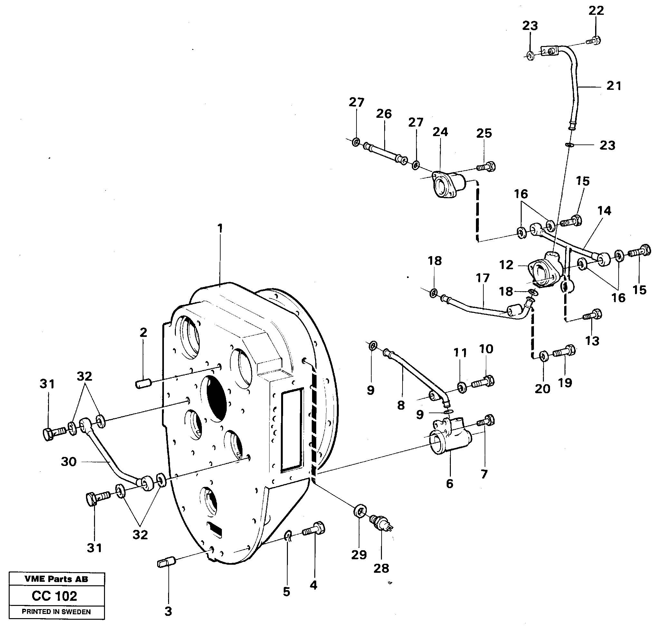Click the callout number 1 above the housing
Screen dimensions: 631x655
[x=220, y=228]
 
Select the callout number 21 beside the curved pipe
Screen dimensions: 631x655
[x=613, y=86]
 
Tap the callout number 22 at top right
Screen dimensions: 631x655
[x=596, y=11]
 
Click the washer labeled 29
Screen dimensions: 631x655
[x=360, y=511]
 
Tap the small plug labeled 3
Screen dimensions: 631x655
[x=166, y=562]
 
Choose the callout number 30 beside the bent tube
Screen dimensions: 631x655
[x=69, y=462]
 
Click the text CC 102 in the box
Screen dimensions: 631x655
[x=54, y=596]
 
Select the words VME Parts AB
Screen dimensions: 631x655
[x=56, y=579]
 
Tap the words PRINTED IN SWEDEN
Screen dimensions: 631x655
[x=56, y=612]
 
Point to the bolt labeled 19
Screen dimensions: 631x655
[x=565, y=352]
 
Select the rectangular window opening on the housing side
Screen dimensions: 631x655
[x=292, y=431]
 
